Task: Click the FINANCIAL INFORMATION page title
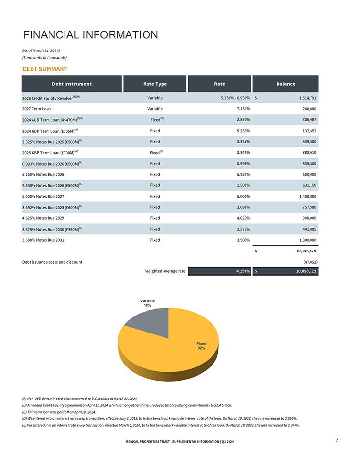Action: click(90, 35)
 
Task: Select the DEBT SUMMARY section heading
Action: click(45, 69)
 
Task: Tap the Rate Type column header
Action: click(155, 84)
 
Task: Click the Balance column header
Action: click(285, 84)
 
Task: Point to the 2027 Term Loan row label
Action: click(36, 109)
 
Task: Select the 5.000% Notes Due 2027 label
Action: click(43, 196)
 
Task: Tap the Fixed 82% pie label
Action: click(201, 346)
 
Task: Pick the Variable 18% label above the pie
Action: click(147, 303)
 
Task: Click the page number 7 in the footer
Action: click(336, 441)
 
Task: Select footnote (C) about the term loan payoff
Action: click(59, 412)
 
